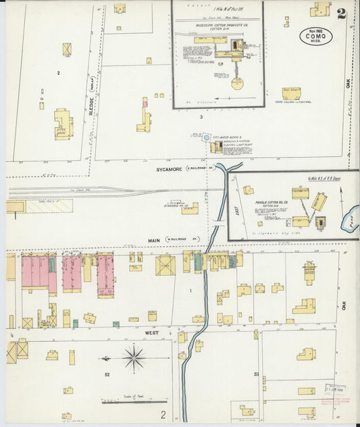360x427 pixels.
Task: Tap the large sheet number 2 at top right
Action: pos(342,14)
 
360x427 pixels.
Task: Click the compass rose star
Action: pos(134,357)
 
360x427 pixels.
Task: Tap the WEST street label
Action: pos(149,333)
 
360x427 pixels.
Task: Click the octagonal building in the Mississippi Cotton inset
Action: pos(237,83)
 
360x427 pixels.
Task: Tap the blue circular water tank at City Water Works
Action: pos(207,137)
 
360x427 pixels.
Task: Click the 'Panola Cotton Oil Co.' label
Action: pos(270,201)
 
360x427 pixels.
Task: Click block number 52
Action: pos(107,374)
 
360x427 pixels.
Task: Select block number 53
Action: pos(257,374)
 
